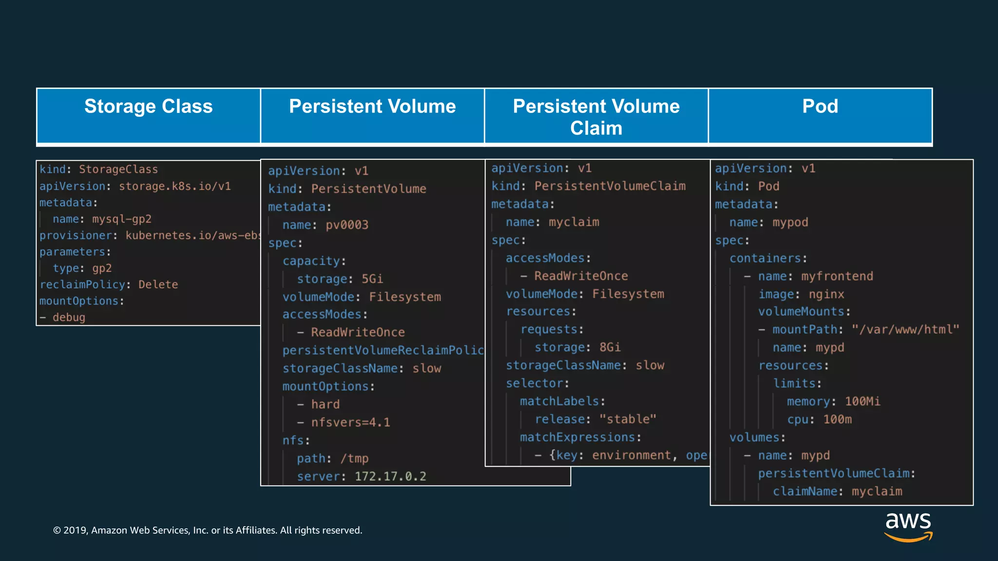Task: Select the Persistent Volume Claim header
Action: [596, 117]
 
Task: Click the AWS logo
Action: [908, 526]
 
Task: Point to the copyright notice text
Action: [208, 530]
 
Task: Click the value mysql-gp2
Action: [122, 219]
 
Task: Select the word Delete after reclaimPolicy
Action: [158, 284]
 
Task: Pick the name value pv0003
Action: [347, 225]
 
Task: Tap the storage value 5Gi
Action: [372, 279]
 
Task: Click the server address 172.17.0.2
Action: [390, 476]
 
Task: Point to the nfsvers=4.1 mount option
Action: [350, 422]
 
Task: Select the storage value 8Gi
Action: [610, 347]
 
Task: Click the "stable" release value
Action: [628, 419]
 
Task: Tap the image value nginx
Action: [826, 295]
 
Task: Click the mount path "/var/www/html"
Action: [905, 330]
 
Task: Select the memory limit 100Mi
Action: [863, 401]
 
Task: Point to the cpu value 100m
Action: [838, 419]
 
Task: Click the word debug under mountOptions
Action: [69, 318]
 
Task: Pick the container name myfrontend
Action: [837, 277]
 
